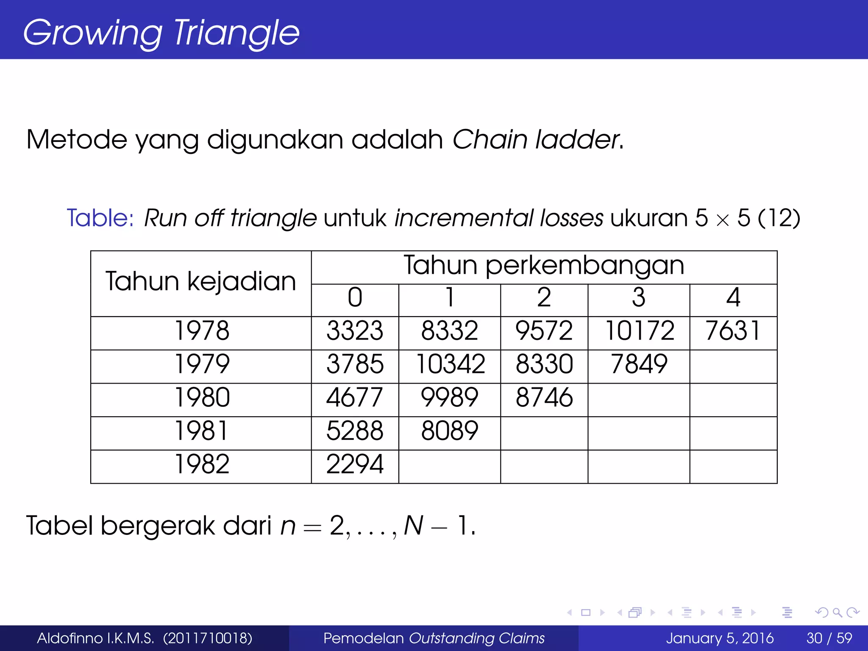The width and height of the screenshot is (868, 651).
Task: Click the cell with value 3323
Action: click(355, 331)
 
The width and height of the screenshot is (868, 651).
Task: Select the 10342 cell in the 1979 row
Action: click(450, 364)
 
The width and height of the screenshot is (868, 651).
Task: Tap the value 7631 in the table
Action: click(733, 331)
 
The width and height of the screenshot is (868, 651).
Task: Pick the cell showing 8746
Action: click(544, 398)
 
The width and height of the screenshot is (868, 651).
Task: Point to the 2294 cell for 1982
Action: click(355, 465)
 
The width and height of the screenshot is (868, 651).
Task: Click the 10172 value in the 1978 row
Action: click(639, 331)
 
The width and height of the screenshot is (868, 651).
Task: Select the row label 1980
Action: click(202, 398)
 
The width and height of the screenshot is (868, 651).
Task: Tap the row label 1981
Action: click(202, 431)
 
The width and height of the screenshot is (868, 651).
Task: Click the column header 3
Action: click(639, 298)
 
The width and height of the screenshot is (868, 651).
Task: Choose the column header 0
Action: click(355, 298)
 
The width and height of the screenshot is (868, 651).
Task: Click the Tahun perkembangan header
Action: click(544, 266)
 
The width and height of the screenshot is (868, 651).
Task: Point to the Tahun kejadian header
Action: click(201, 282)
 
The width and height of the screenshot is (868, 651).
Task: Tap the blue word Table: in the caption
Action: click(100, 218)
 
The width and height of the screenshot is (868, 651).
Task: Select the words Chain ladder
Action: click(537, 140)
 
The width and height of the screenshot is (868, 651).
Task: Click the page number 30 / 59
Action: click(829, 638)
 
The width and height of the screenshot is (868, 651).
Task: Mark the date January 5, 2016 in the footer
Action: click(720, 638)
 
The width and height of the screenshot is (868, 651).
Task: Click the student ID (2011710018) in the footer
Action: click(208, 638)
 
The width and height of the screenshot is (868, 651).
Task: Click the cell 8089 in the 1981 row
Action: click(450, 431)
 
